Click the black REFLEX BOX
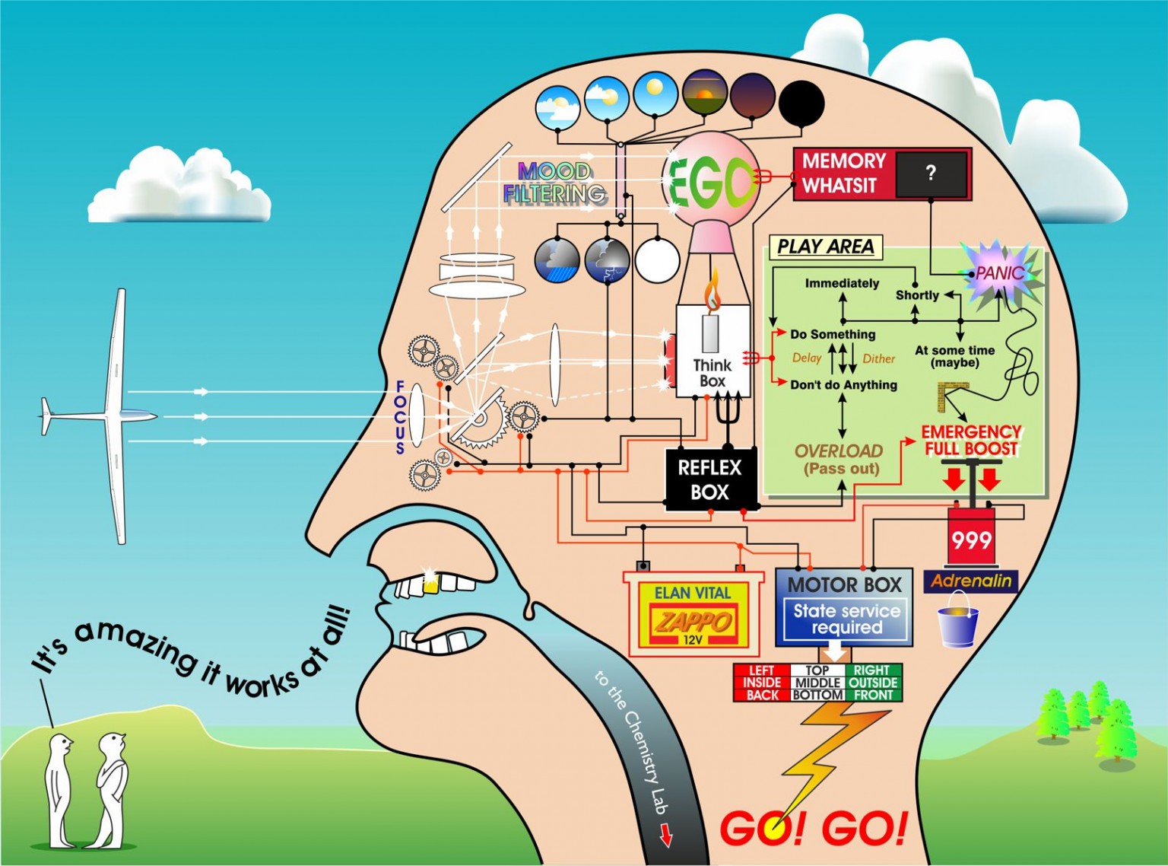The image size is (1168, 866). (x=709, y=479)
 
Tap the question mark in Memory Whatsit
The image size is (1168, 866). (x=931, y=173)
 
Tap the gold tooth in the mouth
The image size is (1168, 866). (x=431, y=583)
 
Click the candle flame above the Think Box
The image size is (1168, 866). (x=713, y=293)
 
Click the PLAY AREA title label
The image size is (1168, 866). (x=825, y=247)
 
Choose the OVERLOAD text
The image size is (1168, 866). (x=839, y=451)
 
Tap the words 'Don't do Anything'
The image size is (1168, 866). (x=843, y=385)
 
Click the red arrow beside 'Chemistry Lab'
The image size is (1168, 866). (x=666, y=836)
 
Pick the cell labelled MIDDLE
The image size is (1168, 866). (x=817, y=683)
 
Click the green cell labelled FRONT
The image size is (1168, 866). (x=873, y=695)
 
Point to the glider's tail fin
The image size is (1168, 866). (x=46, y=416)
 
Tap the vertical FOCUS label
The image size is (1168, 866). (x=400, y=417)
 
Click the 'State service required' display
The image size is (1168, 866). (x=846, y=619)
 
